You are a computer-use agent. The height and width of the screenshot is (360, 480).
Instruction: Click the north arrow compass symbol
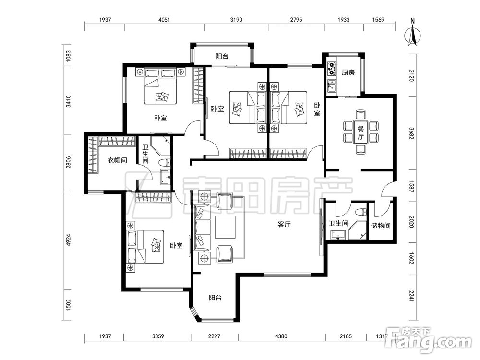tap(412, 34)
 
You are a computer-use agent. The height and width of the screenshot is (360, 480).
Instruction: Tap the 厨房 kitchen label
tap(348, 72)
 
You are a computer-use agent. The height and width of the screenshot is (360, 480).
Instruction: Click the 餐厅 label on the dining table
tap(360, 132)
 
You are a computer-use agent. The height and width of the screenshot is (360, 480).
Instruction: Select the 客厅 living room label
tap(284, 224)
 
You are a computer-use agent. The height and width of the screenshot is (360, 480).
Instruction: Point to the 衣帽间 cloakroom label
tap(117, 160)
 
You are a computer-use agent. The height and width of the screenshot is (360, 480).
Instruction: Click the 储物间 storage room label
tap(381, 226)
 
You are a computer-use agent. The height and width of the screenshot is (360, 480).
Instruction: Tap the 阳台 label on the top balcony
tap(222, 56)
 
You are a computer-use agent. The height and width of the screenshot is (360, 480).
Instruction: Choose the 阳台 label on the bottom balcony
tap(215, 298)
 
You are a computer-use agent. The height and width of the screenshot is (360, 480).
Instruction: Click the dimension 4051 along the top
tap(164, 20)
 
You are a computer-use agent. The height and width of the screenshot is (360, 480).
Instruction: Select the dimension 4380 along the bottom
tap(281, 336)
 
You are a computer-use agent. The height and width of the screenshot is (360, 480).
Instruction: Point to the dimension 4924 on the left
tap(68, 240)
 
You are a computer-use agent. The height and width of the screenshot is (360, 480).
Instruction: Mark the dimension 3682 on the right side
tap(412, 133)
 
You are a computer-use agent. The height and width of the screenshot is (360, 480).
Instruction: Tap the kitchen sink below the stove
tap(332, 86)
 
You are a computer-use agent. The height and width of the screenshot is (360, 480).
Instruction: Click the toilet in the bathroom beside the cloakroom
tap(165, 162)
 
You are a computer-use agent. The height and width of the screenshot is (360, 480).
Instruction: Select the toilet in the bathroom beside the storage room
tap(361, 212)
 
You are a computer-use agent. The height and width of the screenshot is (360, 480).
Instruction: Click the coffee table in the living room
tap(225, 227)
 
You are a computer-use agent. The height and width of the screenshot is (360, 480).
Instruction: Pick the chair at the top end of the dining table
tap(360, 115)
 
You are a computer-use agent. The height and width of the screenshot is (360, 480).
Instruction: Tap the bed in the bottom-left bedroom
tap(145, 246)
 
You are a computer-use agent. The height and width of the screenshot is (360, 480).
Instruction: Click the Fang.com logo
tap(429, 340)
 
